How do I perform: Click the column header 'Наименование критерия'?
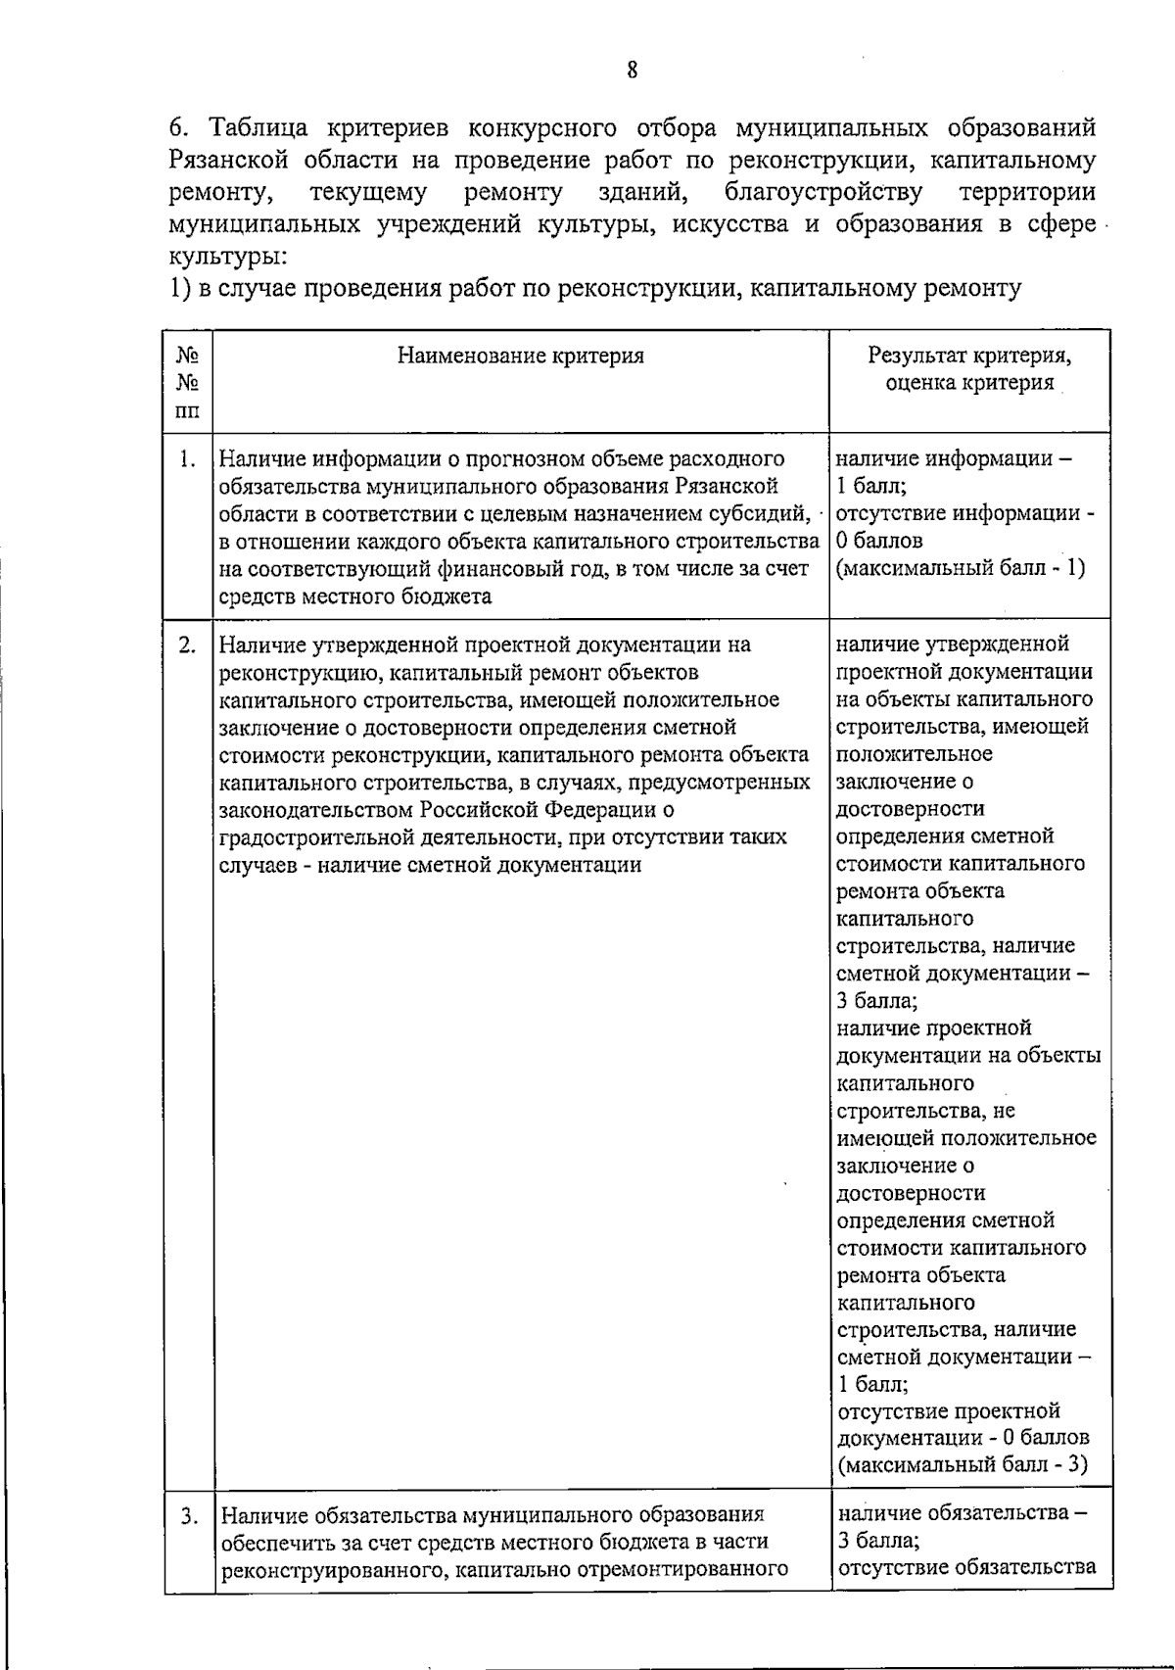520,356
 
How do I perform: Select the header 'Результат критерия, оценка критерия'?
969,369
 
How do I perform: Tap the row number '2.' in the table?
189,644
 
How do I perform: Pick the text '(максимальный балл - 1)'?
961,568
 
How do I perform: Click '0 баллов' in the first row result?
879,541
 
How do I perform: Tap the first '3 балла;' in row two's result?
877,1001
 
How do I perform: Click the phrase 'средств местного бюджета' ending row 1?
355,596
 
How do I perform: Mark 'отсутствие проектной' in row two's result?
949,1411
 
